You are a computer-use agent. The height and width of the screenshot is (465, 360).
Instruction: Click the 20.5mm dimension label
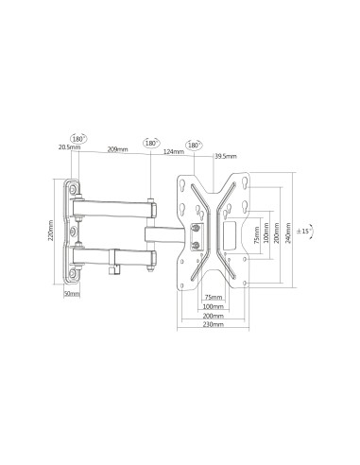[67, 146]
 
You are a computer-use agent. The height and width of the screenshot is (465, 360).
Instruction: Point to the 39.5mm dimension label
[224, 155]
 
